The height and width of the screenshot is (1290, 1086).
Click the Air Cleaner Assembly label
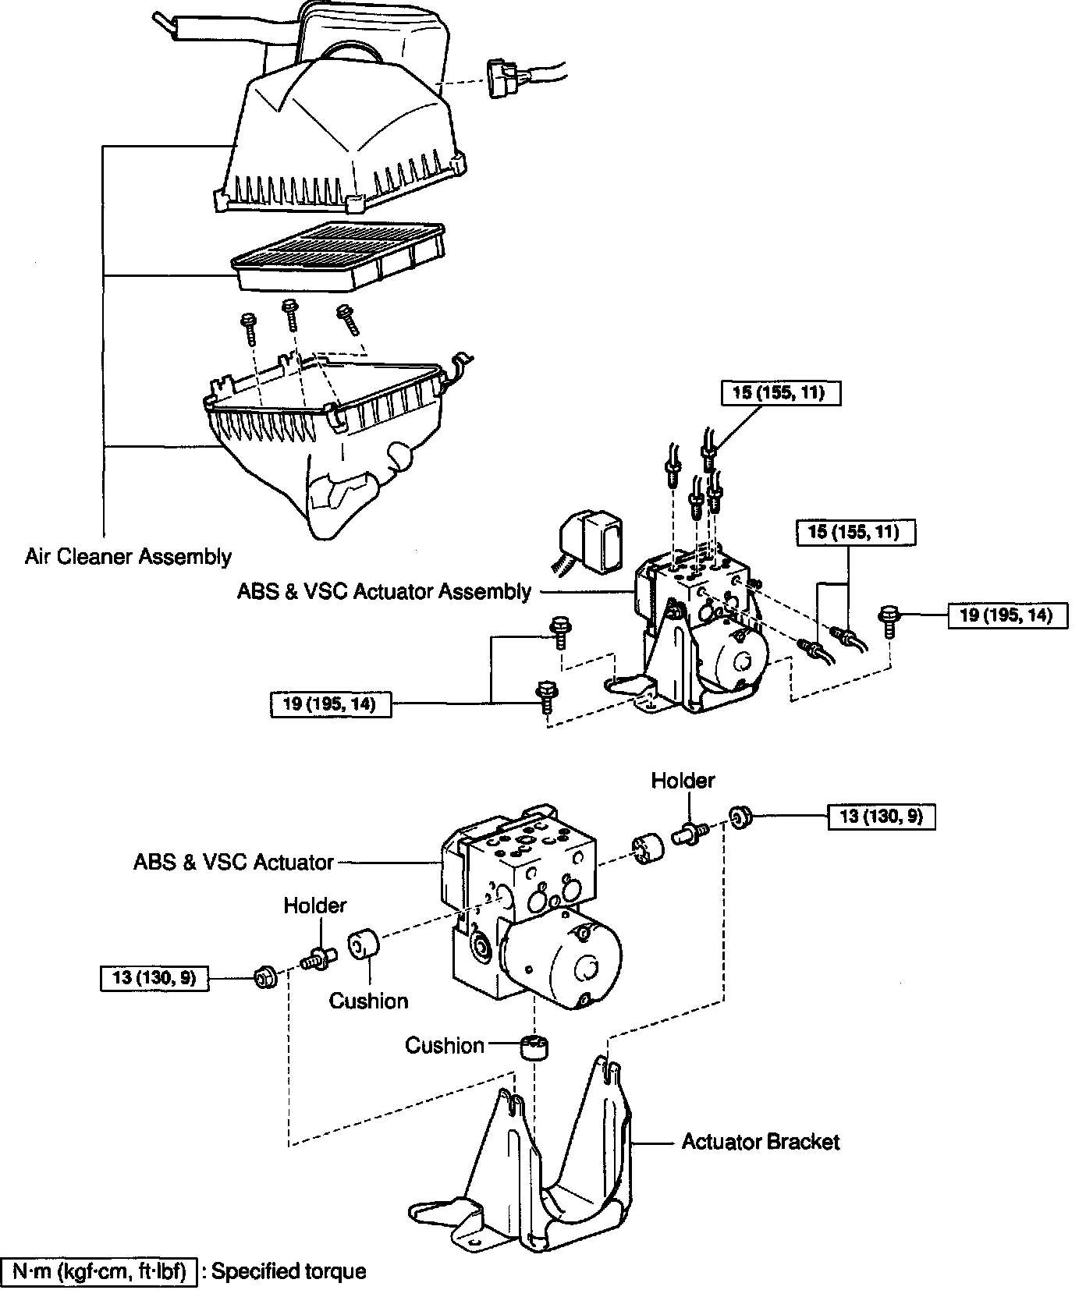[x=128, y=557]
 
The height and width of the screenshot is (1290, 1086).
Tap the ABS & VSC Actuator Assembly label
[x=384, y=592]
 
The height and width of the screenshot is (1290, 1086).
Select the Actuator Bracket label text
[x=761, y=1142]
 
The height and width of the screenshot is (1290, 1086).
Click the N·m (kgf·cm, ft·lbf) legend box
[x=98, y=1271]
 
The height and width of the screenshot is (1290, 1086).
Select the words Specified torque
[x=289, y=1271]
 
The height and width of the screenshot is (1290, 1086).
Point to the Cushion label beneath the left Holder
[x=368, y=1001]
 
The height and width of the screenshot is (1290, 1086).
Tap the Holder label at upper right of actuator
[x=683, y=780]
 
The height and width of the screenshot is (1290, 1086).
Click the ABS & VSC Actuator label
[x=233, y=862]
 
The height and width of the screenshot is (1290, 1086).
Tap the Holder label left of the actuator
[x=314, y=905]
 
